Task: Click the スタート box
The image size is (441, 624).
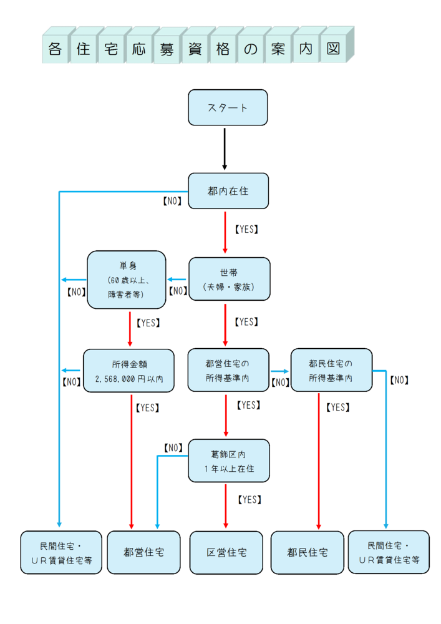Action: tap(228, 107)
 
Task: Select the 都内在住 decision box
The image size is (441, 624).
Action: tap(228, 191)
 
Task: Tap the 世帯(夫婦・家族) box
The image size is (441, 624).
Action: tap(228, 280)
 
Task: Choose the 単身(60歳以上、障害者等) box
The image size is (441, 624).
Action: tap(127, 280)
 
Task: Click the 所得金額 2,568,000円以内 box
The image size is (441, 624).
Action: tap(128, 371)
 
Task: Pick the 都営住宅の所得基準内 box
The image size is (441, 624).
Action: tap(228, 370)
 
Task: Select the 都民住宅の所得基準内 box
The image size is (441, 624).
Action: tap(331, 370)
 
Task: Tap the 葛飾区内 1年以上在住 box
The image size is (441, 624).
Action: tap(228, 461)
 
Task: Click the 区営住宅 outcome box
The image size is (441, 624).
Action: tap(226, 552)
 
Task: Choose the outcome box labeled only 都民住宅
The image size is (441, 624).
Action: tap(308, 552)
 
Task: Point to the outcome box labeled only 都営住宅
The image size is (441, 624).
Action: tap(143, 552)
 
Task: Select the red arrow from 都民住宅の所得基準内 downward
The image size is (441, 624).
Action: tap(319, 462)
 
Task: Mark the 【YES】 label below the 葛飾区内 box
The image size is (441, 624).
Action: tap(249, 499)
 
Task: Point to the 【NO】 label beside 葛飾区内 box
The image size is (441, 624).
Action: tap(173, 447)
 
